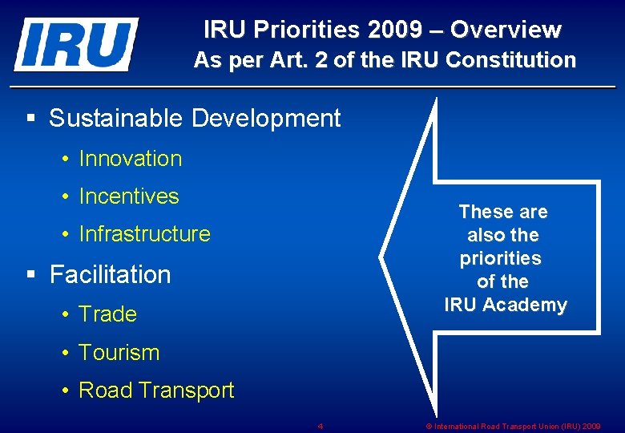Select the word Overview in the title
click(506, 30)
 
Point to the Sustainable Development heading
click(195, 119)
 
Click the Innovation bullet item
click(131, 159)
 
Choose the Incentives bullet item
click(129, 196)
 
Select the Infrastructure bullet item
click(144, 234)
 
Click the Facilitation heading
click(110, 274)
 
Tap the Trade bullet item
click(108, 314)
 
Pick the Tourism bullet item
click(119, 352)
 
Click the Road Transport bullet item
click(156, 391)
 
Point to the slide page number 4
click(320, 426)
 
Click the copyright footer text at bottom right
click(513, 426)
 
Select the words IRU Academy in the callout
click(506, 306)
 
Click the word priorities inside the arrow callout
click(501, 259)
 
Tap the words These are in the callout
click(503, 212)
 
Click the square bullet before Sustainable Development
click(31, 119)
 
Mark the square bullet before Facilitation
click(31, 274)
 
